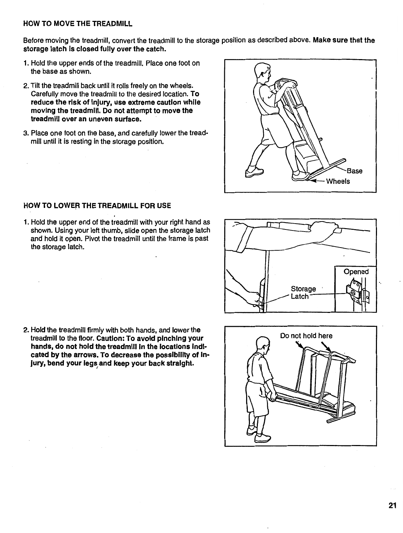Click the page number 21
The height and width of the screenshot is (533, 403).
tap(392, 506)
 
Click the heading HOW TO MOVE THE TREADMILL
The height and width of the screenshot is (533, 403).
tap(78, 24)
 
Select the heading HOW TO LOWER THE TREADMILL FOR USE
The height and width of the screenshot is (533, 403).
tap(97, 205)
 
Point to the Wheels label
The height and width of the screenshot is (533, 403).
tap(338, 181)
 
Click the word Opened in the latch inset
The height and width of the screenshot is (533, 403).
tap(356, 272)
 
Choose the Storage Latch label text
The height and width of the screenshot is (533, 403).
tap(303, 293)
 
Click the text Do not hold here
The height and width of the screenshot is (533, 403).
tap(306, 336)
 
